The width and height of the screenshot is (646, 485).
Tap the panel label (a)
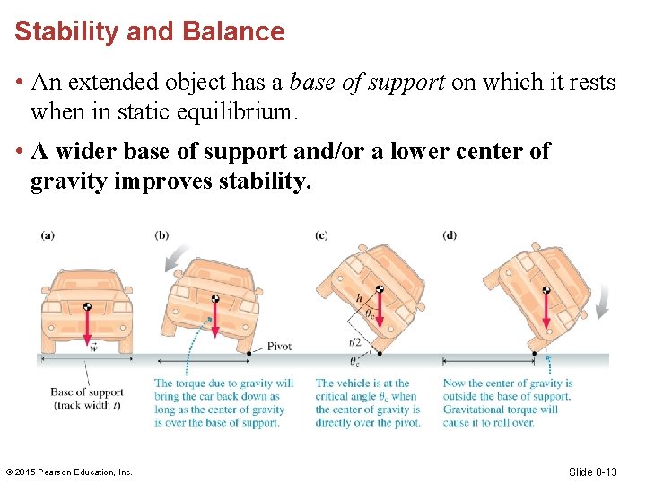coord(48,236)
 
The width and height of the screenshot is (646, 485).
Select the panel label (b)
coord(161,236)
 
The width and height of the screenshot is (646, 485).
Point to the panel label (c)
coord(321,236)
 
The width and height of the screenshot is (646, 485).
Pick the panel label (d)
coord(450,236)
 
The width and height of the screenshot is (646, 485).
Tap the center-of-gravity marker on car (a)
coord(87,306)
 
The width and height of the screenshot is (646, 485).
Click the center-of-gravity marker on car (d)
coord(546,290)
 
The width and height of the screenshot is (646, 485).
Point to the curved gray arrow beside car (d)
coord(602,301)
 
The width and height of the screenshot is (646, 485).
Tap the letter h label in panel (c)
coord(359,298)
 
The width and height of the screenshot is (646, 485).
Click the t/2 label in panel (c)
coord(355,341)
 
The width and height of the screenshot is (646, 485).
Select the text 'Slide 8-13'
coord(593,472)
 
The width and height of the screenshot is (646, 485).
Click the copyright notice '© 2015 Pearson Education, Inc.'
coord(68,472)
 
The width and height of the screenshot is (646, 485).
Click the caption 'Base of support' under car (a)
coord(87,392)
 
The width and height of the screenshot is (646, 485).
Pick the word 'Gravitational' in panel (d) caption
coord(474,410)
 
